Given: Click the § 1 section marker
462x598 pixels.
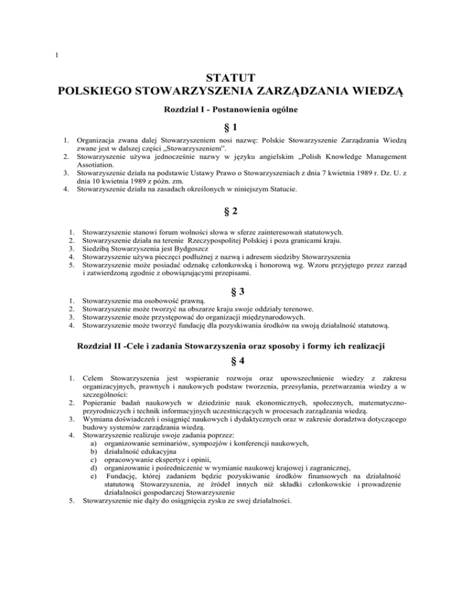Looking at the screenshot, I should point(231,129).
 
